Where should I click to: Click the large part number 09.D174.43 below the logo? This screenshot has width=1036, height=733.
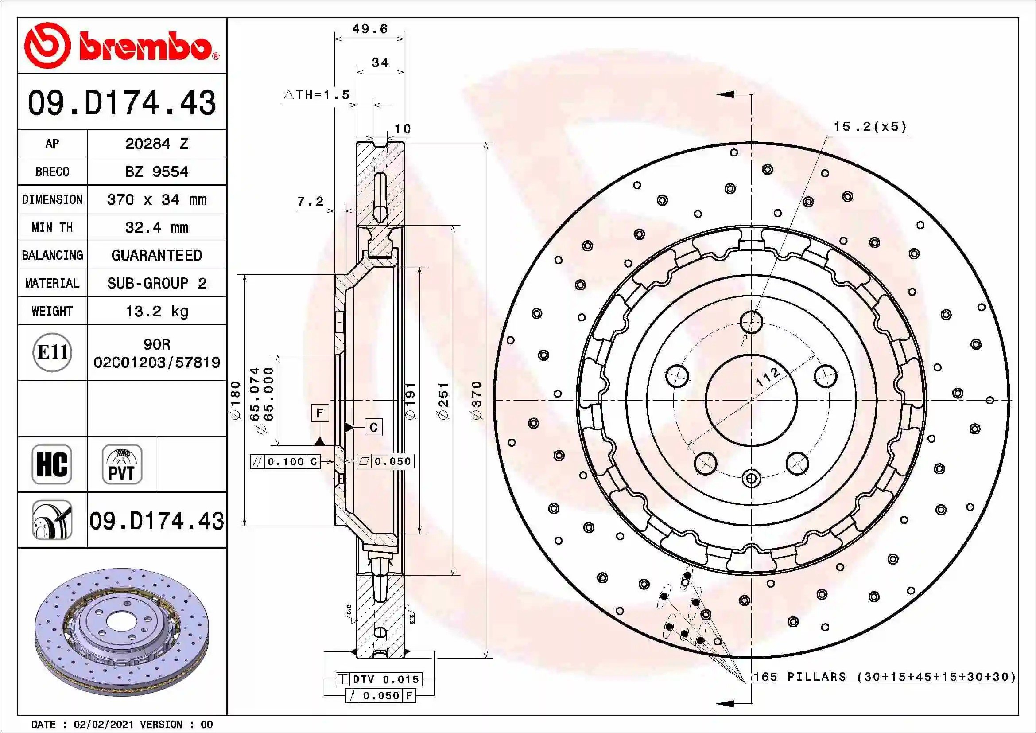(x=122, y=102)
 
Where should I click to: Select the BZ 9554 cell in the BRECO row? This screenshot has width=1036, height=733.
(x=156, y=172)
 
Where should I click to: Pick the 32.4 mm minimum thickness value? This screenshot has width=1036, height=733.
(x=156, y=227)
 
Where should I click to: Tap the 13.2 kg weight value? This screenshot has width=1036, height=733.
(x=156, y=312)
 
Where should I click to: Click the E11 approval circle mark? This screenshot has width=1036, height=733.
(x=52, y=352)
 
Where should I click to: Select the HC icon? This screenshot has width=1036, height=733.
(x=52, y=464)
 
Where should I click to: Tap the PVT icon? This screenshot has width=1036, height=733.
(x=122, y=464)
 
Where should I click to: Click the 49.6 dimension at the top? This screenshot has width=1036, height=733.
(x=369, y=29)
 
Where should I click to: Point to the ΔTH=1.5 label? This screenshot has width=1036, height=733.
(x=317, y=95)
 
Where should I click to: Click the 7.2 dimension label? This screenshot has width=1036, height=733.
(x=310, y=201)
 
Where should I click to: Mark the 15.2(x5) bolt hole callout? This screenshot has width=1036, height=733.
(x=869, y=127)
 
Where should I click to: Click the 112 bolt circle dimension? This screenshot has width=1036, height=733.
(x=768, y=377)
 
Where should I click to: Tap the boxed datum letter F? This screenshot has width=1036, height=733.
(x=320, y=413)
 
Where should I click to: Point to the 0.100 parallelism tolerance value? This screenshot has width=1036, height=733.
(x=286, y=462)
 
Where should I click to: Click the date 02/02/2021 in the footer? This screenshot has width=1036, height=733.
(x=104, y=725)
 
